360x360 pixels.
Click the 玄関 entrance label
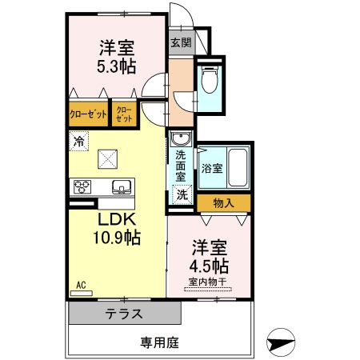point(181,43)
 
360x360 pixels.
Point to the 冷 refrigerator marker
point(78,141)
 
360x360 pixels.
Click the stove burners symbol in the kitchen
point(83,188)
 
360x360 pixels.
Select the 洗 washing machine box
point(182,194)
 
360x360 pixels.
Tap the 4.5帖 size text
point(209,264)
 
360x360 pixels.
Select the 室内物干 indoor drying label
point(209,282)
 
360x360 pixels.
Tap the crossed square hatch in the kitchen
point(107,159)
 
